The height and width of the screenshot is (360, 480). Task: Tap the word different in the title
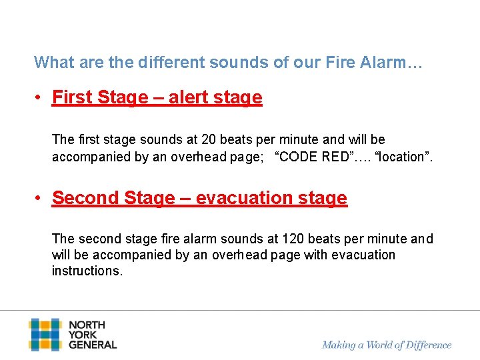173,63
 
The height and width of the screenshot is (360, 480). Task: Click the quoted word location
404,157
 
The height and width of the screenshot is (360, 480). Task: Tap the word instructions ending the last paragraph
87,271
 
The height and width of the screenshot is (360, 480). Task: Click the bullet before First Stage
40,98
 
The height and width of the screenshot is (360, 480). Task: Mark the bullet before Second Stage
40,199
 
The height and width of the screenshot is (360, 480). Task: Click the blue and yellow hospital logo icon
45,335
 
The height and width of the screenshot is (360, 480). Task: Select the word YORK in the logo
83,335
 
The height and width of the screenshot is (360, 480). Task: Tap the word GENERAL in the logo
93,345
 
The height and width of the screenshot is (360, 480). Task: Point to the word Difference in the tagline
427,345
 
